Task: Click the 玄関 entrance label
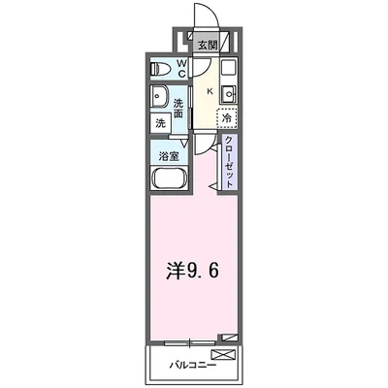click(x=207, y=45)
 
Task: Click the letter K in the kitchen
click(x=208, y=93)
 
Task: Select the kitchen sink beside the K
click(x=228, y=93)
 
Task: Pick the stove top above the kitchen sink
click(x=228, y=71)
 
